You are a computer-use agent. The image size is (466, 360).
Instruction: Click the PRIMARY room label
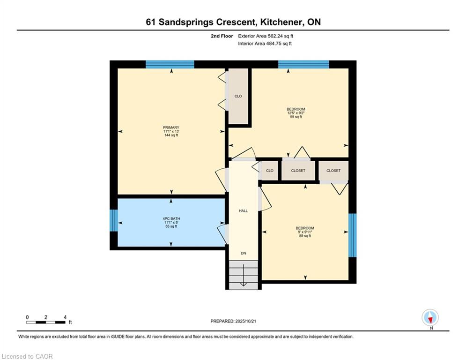pos(171,127)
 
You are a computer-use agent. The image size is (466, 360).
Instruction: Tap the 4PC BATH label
pos(171,218)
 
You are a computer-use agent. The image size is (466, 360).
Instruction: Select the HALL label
pos(243,211)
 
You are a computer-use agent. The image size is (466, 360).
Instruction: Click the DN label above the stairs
pos(243,253)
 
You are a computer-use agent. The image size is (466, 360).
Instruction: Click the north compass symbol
pos(430,318)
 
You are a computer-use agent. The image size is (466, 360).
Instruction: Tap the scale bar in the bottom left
pos(46,322)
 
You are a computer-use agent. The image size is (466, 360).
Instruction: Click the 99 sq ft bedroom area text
pos(296,117)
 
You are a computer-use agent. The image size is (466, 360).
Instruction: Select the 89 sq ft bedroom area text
pos(305,236)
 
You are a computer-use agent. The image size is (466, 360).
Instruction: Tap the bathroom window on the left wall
pos(113,220)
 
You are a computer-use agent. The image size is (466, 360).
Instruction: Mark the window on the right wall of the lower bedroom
pos(353,235)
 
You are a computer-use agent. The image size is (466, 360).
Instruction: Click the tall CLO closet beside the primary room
pos(238,97)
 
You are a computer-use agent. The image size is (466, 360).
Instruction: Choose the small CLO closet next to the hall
pos(270,171)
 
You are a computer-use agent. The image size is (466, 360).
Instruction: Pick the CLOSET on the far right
pos(333,171)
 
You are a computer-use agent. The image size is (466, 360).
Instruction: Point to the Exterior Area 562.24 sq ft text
pos(266,36)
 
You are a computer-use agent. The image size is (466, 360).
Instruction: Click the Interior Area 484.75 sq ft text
pos(265,44)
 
